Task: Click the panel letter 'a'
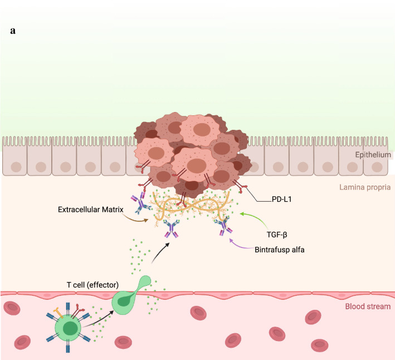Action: point(12,31)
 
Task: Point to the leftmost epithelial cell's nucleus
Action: point(15,166)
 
